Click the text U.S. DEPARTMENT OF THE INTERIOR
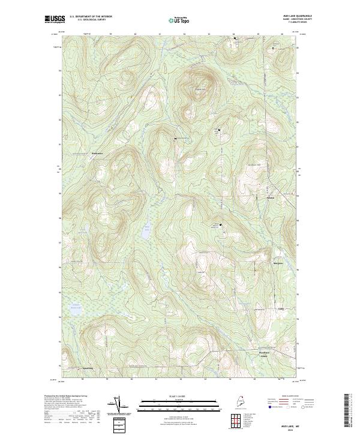coord(91,16)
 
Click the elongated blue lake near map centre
coord(146,230)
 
